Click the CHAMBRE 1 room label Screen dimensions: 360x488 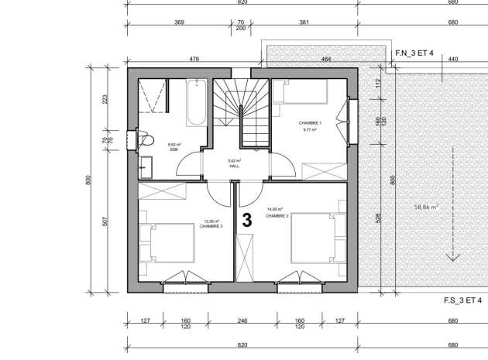(x=310, y=123)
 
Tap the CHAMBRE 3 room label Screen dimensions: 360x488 (x=211, y=228)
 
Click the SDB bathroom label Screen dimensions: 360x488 (x=174, y=149)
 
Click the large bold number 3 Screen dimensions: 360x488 (x=247, y=220)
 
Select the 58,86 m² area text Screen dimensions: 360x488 (x=426, y=207)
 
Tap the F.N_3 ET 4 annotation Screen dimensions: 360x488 (x=414, y=53)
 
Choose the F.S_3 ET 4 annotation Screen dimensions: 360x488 (x=463, y=300)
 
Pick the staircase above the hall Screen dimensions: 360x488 (x=242, y=112)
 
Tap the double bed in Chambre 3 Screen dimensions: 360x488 (x=169, y=243)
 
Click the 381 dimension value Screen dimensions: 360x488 (x=304, y=22)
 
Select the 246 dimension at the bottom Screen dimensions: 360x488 (x=242, y=320)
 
